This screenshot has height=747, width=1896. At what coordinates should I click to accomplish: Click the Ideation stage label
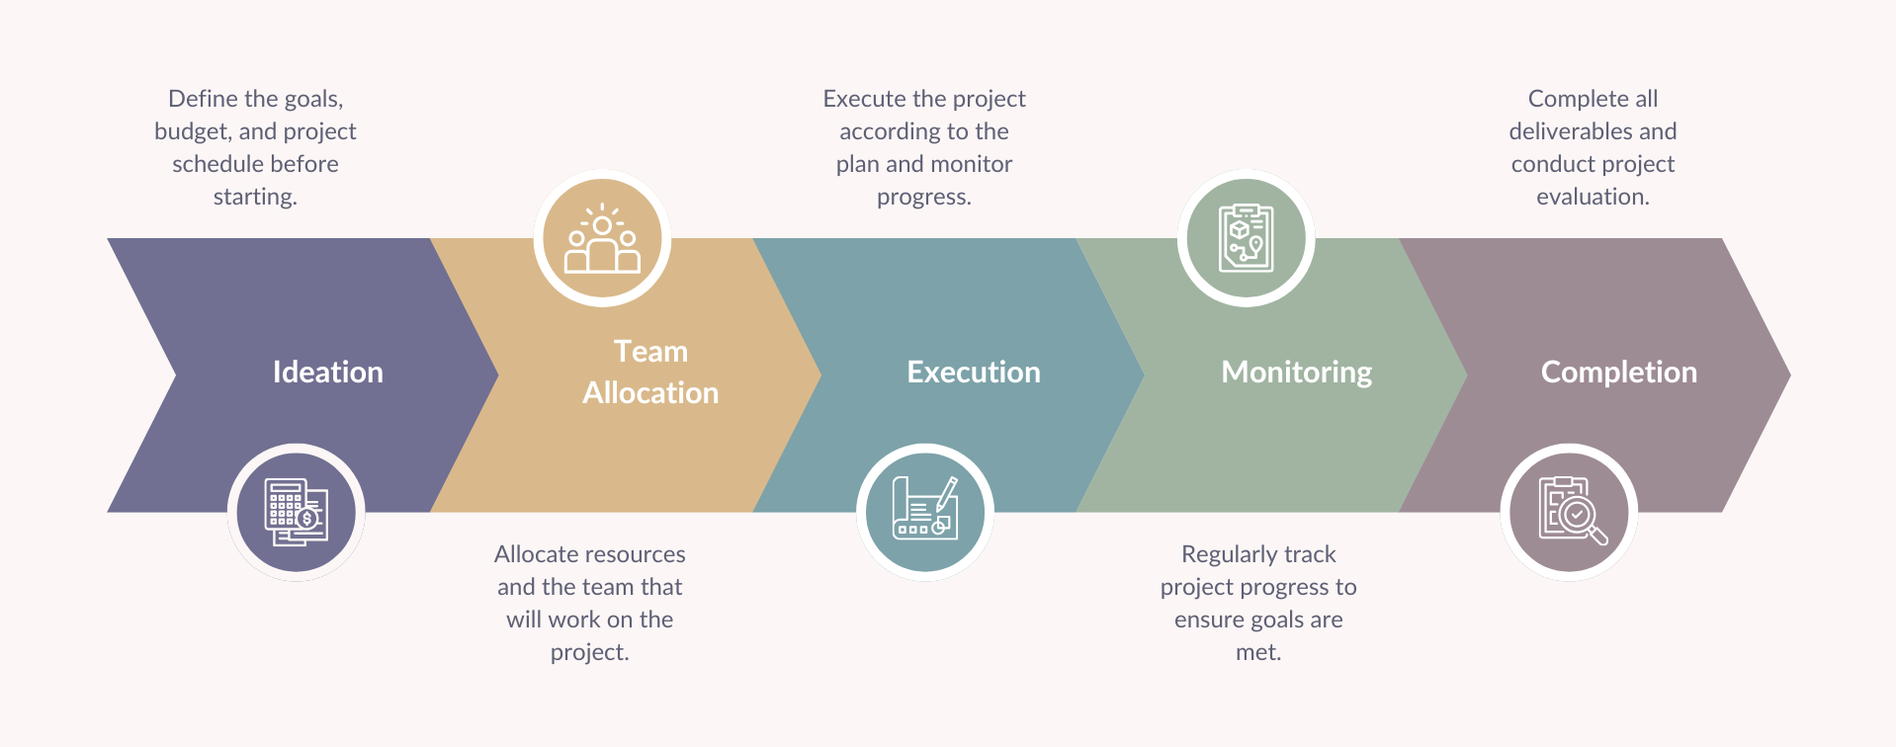coord(327,372)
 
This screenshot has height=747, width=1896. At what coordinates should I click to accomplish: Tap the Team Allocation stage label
coord(650,372)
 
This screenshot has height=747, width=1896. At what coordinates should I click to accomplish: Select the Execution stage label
coord(974,372)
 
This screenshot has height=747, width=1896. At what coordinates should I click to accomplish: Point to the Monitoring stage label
coord(1297,373)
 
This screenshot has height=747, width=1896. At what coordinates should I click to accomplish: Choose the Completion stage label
coord(1619,373)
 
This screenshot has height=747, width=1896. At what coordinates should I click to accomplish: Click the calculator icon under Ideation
coord(297,512)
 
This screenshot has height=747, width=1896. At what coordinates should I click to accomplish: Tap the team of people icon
coord(602,238)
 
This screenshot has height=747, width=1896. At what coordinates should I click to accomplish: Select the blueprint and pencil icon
coord(925,508)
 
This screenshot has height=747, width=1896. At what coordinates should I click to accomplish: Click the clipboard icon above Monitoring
coord(1247,238)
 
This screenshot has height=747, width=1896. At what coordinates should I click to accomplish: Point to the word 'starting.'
coord(255,197)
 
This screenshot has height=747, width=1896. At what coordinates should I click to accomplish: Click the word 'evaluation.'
coord(1593,197)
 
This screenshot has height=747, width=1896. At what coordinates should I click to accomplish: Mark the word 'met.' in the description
coord(1258,652)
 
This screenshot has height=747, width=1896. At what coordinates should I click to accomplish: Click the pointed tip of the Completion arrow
coord(1790,374)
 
